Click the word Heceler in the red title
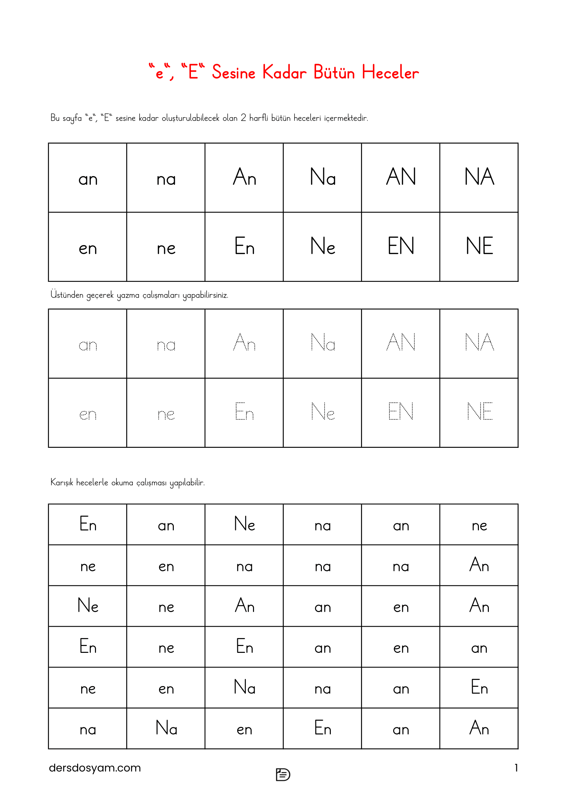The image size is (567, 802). tap(390, 73)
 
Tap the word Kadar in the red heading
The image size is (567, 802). tap(284, 73)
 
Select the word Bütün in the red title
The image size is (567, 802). tap(334, 73)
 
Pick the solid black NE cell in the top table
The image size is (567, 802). tap(479, 246)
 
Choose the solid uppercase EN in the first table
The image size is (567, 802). tap(401, 246)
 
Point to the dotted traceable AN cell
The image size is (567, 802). tap(401, 342)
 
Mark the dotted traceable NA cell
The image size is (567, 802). tap(479, 342)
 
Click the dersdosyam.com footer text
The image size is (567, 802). tap(95, 768)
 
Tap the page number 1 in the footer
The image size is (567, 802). tap(516, 768)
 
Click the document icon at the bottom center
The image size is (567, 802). tap(283, 775)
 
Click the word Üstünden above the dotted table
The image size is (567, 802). tap(67, 295)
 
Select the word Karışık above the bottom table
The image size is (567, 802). tap(62, 482)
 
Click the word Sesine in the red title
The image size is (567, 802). tap(233, 73)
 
